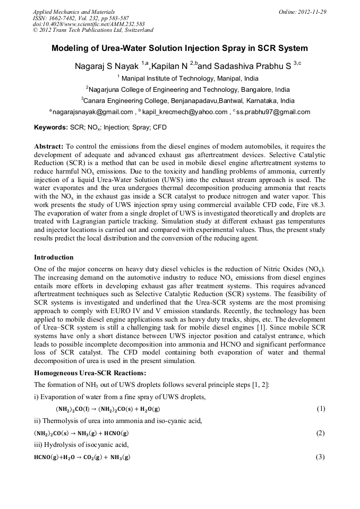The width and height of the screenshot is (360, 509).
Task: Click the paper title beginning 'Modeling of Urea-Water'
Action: pyautogui.click(x=179, y=48)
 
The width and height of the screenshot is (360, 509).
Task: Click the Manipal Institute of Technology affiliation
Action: pyautogui.click(x=182, y=79)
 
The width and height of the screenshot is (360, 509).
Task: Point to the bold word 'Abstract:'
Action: pyautogui.click(x=49, y=146)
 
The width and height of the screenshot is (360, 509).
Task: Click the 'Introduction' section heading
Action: pyautogui.click(x=54, y=257)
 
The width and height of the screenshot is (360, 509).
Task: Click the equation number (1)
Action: pyautogui.click(x=320, y=409)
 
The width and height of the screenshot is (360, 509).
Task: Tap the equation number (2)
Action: pyautogui.click(x=320, y=433)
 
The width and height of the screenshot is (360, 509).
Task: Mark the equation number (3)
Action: pyautogui.click(x=320, y=457)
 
